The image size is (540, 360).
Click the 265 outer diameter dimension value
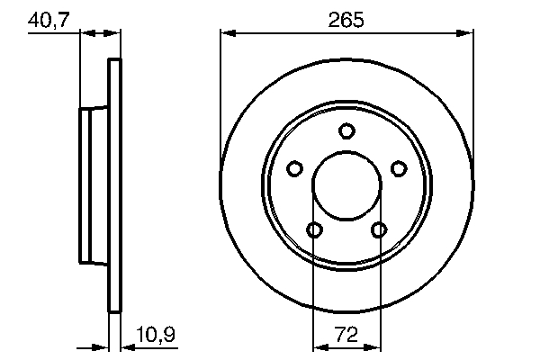tap(346, 18)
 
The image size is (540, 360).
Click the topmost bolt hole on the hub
tap(346, 131)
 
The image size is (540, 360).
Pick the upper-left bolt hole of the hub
tap(294, 168)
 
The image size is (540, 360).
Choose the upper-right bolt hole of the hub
tap(399, 168)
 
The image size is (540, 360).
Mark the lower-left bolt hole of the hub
tap(314, 230)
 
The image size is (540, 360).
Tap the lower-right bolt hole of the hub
tap(379, 230)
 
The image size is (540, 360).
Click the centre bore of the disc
tap(346, 186)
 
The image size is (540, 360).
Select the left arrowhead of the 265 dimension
tap(227, 33)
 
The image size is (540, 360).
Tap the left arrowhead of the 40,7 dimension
tap(86, 33)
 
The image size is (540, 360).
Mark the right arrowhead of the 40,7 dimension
tap(114, 33)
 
